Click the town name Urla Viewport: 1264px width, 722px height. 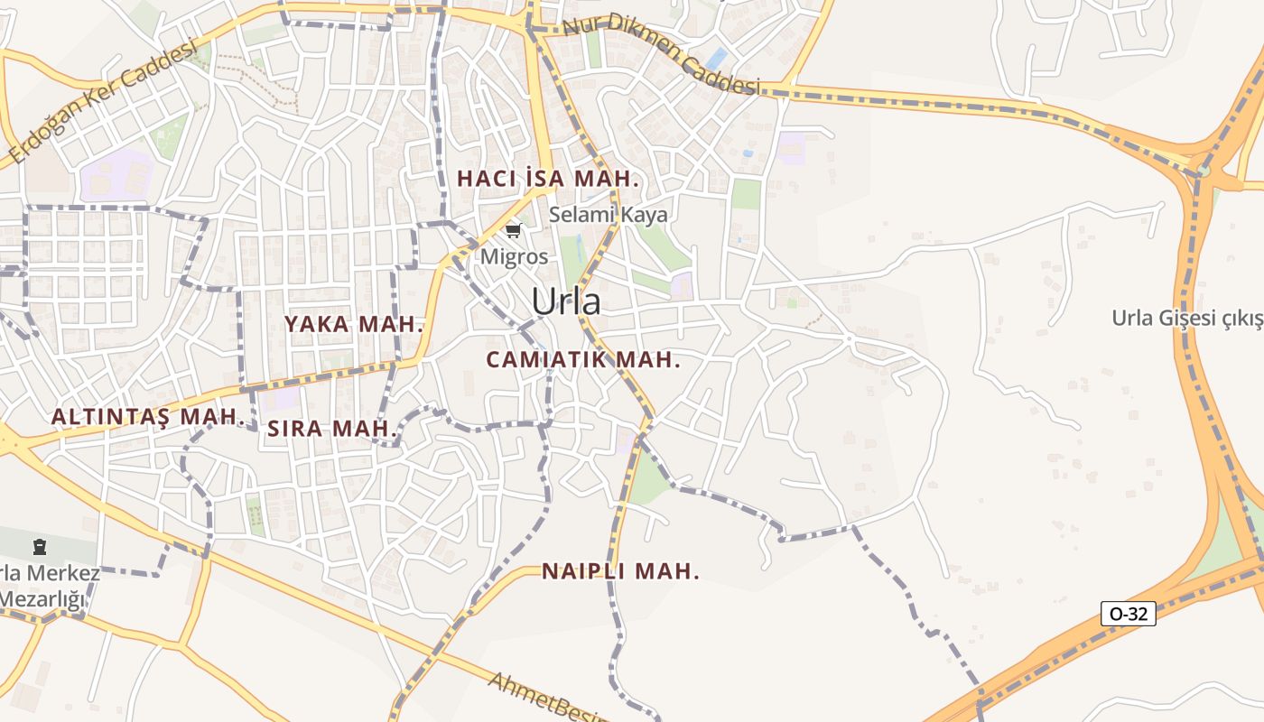565,301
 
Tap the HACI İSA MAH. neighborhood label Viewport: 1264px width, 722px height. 547,179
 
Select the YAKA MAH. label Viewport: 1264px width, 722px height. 354,325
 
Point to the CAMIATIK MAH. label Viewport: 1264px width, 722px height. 582,360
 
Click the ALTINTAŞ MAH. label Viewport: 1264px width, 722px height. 148,417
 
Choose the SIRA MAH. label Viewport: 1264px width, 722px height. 332,430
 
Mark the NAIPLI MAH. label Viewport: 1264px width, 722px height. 620,571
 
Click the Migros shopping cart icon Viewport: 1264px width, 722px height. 513,232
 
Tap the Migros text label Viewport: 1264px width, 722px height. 514,256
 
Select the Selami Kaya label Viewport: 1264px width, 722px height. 609,215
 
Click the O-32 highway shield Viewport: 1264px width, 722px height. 1129,614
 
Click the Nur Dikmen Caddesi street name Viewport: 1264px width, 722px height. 659,54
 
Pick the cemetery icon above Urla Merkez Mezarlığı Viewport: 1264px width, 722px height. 40,546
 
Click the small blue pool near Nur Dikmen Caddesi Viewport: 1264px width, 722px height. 716,60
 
